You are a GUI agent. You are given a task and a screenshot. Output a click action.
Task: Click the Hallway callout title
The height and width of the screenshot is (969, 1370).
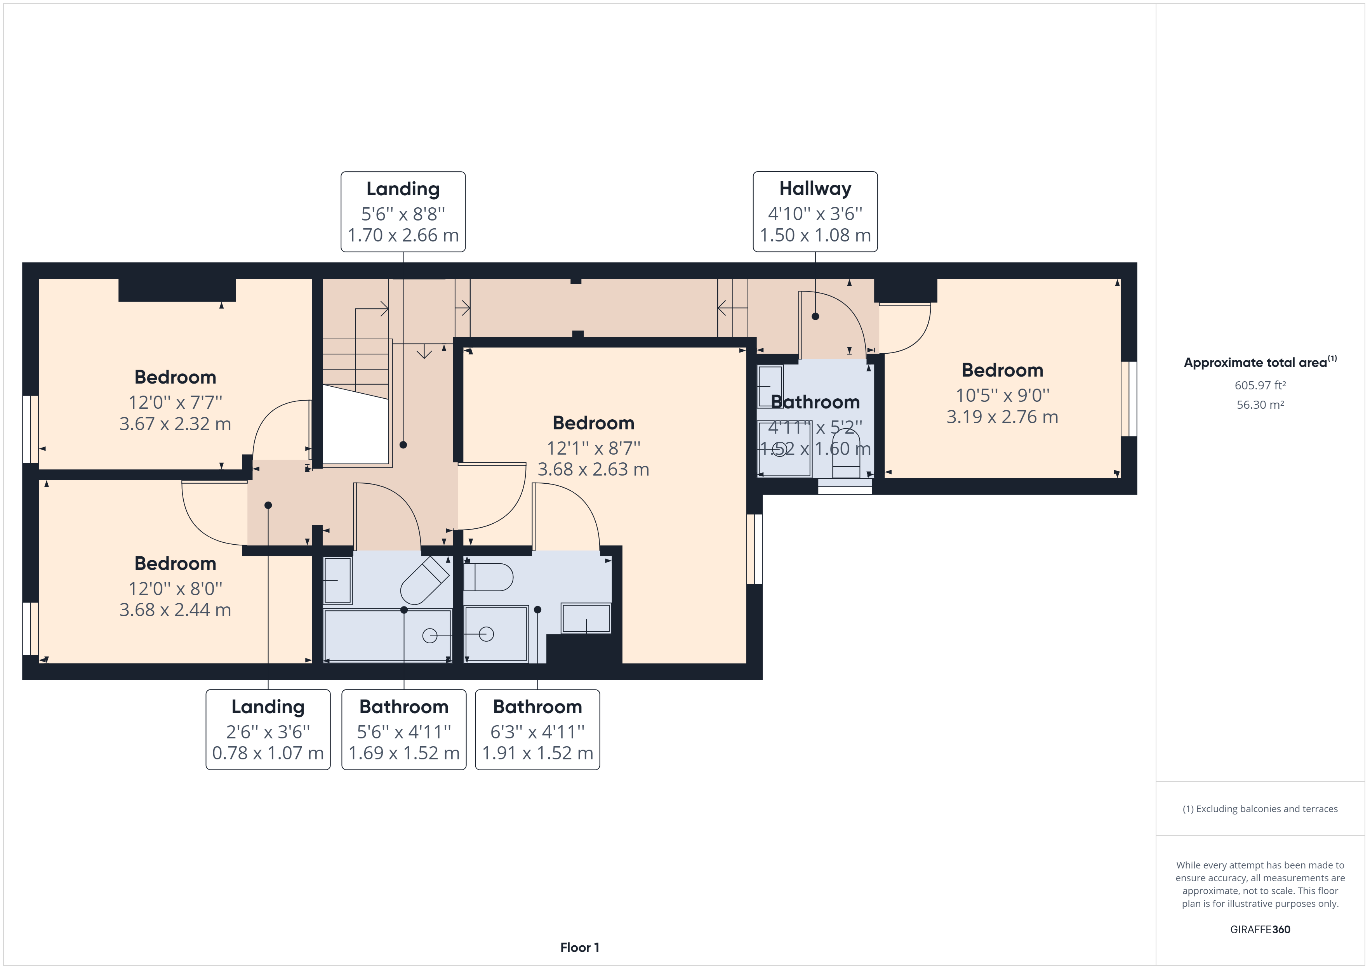pos(815,189)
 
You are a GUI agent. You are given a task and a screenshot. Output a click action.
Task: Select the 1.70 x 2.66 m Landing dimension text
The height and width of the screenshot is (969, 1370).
pos(403,235)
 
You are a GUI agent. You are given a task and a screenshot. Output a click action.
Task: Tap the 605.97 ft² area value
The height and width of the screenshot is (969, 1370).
pos(1260,386)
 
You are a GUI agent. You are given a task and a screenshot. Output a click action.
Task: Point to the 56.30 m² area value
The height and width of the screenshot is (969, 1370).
pos(1260,405)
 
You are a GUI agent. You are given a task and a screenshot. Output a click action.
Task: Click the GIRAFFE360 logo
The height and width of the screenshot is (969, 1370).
pos(1260,930)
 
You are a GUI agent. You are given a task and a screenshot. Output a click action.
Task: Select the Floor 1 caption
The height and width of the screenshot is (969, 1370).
pos(579,948)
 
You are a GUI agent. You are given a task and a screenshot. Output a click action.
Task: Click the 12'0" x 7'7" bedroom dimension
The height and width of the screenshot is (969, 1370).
pos(176,402)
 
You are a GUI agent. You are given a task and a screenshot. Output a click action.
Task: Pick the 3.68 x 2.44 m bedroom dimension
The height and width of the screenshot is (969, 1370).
pos(176,610)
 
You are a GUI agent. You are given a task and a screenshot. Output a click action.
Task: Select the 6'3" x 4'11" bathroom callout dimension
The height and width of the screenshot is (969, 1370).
pos(537,731)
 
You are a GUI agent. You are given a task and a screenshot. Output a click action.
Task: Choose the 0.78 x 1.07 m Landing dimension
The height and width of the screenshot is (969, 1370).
pos(268,753)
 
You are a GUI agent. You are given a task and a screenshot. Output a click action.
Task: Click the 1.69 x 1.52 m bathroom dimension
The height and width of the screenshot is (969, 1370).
pos(404,753)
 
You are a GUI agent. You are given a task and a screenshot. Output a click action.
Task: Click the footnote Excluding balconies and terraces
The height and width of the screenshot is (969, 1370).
pos(1260,809)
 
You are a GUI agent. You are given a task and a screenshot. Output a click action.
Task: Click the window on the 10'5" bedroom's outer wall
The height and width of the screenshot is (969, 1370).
pos(1128,399)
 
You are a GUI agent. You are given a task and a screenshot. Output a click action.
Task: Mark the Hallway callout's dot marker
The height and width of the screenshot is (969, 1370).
pos(815,316)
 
